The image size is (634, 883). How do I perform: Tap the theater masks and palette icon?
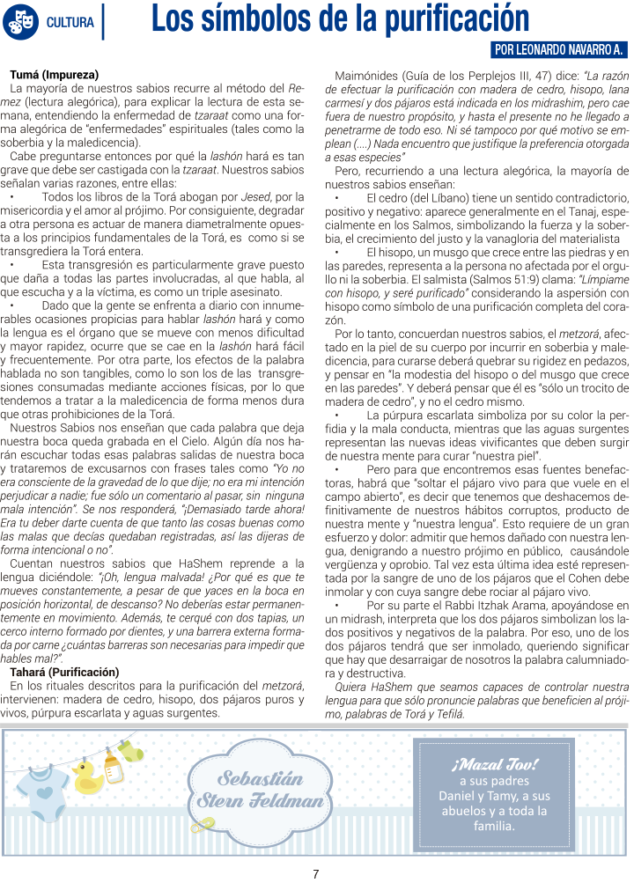21,21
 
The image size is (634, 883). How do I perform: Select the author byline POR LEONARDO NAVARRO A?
557,50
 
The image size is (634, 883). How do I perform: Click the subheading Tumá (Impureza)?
54,75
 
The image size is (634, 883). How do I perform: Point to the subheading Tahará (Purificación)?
63,672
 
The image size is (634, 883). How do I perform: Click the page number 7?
315,873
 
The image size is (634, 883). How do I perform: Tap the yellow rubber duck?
87,778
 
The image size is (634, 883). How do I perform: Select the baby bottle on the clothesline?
113,769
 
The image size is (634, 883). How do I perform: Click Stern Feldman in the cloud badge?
261,801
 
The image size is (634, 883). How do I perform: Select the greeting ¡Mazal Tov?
494,762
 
